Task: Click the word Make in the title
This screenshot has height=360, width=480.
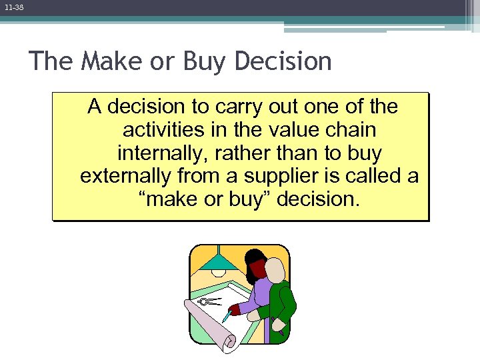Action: coord(109,61)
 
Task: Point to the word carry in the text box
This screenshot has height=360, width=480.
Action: coord(231,107)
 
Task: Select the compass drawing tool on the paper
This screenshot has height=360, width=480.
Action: coord(209,302)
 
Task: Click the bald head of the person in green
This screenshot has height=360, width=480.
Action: coord(275,269)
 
